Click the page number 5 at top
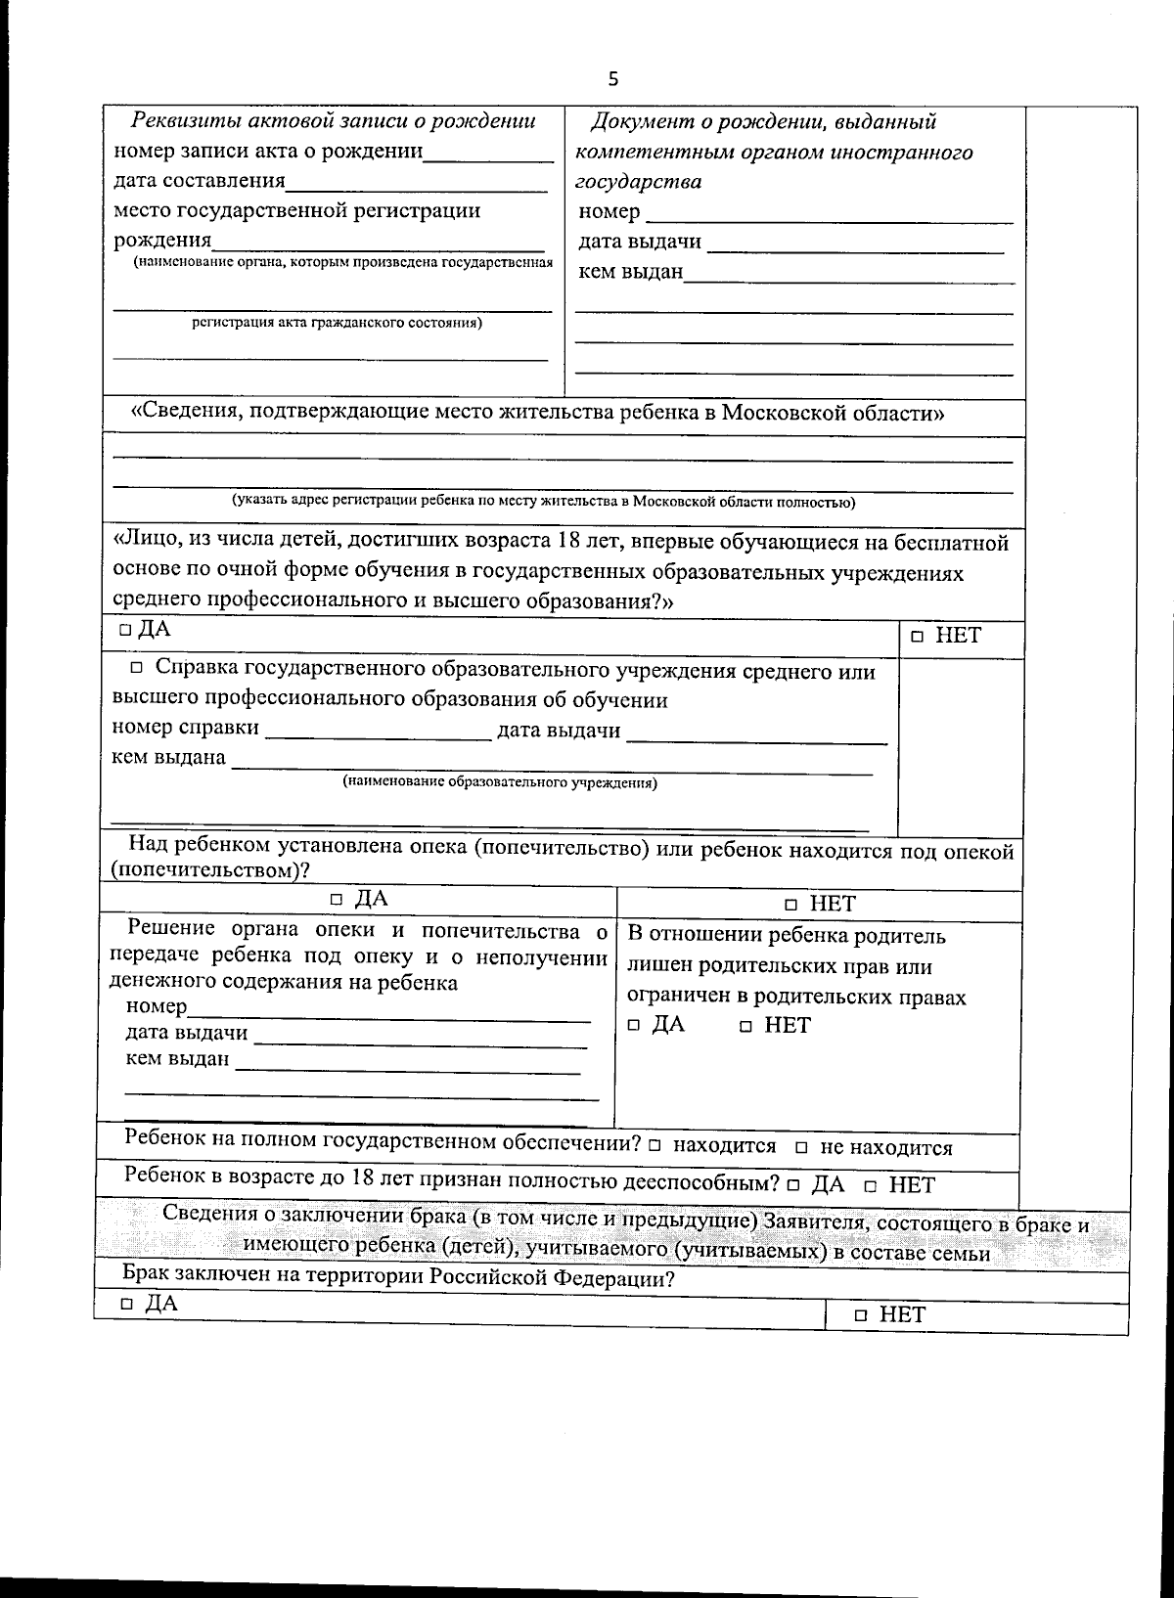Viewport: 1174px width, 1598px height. (613, 79)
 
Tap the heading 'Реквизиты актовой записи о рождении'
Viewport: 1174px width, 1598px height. (334, 121)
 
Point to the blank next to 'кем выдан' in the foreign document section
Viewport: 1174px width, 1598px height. (848, 275)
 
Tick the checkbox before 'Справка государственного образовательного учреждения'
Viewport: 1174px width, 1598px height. (136, 669)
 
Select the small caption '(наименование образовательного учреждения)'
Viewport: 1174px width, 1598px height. (499, 783)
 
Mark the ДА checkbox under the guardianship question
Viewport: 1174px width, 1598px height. (337, 900)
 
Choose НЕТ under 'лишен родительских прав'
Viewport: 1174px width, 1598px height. (745, 1027)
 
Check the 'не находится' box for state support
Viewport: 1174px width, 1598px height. (801, 1148)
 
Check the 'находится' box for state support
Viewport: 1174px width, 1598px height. (654, 1146)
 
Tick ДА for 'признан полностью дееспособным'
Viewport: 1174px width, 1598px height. (793, 1186)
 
